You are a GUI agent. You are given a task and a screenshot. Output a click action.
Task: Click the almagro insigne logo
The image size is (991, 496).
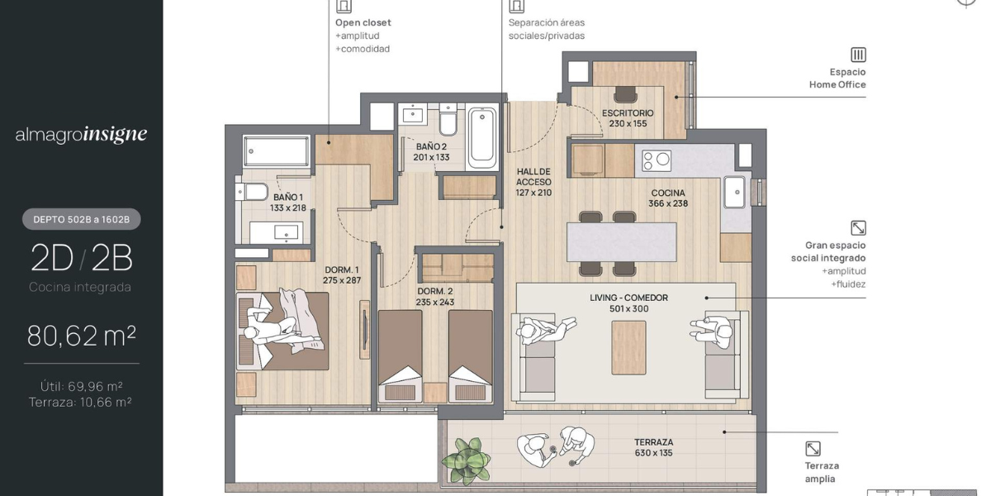(82, 135)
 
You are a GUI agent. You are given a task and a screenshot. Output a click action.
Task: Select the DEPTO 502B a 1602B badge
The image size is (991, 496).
(82, 219)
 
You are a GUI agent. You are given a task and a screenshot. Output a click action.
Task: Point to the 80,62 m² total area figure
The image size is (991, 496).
(82, 336)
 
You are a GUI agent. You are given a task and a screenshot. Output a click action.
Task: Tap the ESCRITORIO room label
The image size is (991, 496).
(628, 113)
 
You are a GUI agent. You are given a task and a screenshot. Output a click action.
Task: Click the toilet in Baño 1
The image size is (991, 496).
(252, 192)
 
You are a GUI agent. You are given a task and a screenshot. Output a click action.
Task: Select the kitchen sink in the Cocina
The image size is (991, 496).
(734, 192)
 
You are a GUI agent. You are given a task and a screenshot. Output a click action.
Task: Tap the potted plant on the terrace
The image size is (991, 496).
(467, 460)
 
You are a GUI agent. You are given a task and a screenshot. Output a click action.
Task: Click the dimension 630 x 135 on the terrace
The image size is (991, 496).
(653, 453)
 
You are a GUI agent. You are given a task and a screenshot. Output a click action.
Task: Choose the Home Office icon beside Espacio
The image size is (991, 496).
(858, 55)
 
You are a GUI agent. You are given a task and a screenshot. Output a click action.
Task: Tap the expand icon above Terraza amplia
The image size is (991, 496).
(813, 449)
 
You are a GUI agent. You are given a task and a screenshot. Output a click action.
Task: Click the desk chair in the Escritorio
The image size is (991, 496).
(625, 94)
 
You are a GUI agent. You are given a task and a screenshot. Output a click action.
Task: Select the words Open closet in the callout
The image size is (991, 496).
(363, 22)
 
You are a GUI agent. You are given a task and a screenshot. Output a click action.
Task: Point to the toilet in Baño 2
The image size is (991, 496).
(448, 120)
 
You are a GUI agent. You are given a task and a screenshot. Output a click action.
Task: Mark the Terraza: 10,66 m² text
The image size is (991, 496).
(81, 402)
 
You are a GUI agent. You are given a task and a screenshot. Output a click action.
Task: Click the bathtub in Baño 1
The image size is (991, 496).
(277, 151)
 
